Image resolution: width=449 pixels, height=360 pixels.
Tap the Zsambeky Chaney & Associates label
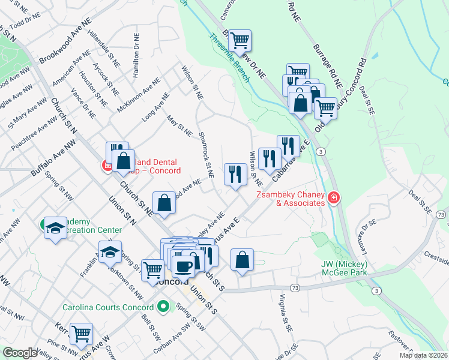click(x=291, y=199)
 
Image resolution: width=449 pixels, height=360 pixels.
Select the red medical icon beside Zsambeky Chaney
click(x=333, y=198)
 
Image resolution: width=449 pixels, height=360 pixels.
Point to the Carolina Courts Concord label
click(x=108, y=307)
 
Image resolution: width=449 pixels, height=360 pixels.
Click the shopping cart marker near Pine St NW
click(x=81, y=334)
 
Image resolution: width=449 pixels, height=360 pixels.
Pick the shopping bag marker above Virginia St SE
click(x=242, y=260)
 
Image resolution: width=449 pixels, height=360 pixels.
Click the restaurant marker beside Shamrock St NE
click(x=234, y=174)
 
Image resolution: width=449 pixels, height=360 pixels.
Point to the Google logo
click(x=20, y=353)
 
